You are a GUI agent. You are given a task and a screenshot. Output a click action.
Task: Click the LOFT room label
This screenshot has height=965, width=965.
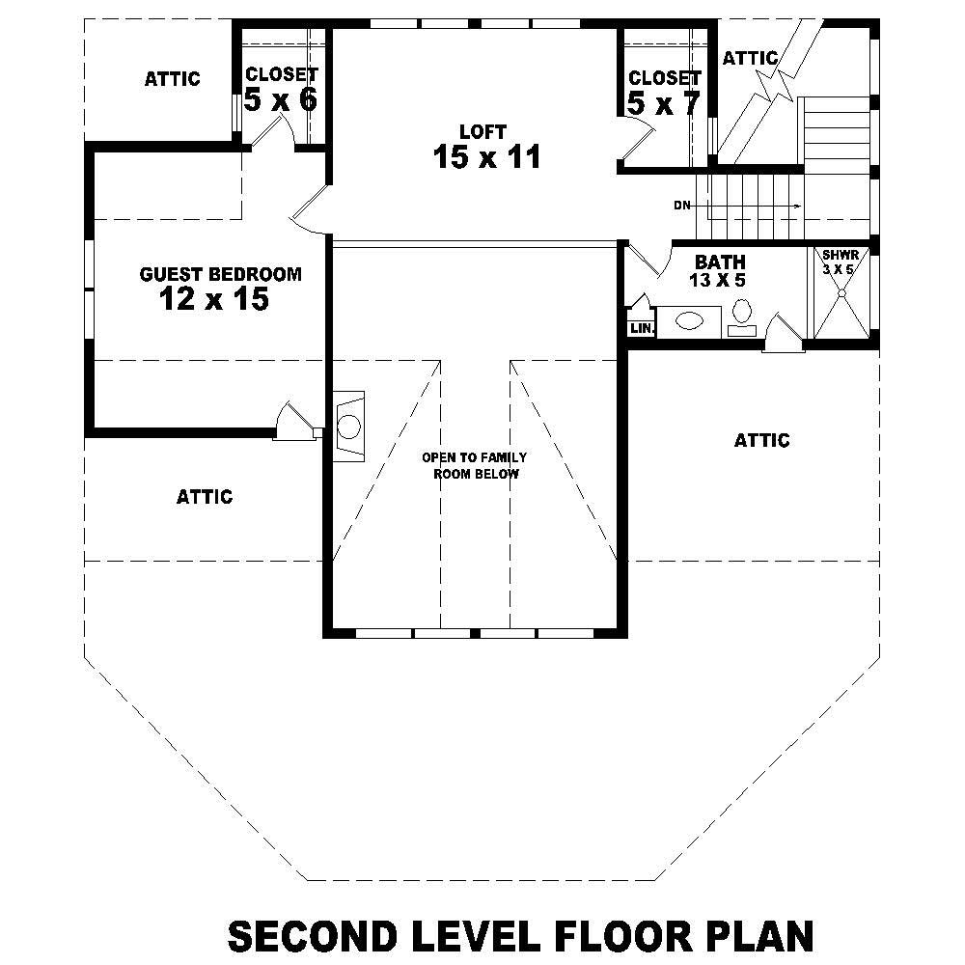(482, 131)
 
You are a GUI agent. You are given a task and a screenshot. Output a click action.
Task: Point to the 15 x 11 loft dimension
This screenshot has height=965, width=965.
(486, 157)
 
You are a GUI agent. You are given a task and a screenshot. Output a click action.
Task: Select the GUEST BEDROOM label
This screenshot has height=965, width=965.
(220, 274)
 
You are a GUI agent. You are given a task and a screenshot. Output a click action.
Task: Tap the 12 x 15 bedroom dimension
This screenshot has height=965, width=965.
(213, 300)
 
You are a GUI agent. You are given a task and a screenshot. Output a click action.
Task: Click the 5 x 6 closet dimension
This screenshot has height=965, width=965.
(280, 99)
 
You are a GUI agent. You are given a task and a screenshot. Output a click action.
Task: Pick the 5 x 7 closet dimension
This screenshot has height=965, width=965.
(663, 103)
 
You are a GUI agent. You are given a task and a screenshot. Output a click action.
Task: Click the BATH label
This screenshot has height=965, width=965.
(720, 262)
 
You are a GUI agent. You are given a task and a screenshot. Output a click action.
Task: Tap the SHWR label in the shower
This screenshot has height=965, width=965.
(838, 256)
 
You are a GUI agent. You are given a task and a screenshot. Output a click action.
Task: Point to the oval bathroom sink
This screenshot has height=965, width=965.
(690, 320)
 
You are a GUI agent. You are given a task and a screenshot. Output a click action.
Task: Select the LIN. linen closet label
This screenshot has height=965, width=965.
(642, 329)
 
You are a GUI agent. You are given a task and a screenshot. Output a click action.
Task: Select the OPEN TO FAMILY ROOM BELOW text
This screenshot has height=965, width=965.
(474, 465)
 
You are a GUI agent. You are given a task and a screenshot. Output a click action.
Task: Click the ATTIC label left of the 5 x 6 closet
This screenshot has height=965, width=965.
(172, 79)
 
